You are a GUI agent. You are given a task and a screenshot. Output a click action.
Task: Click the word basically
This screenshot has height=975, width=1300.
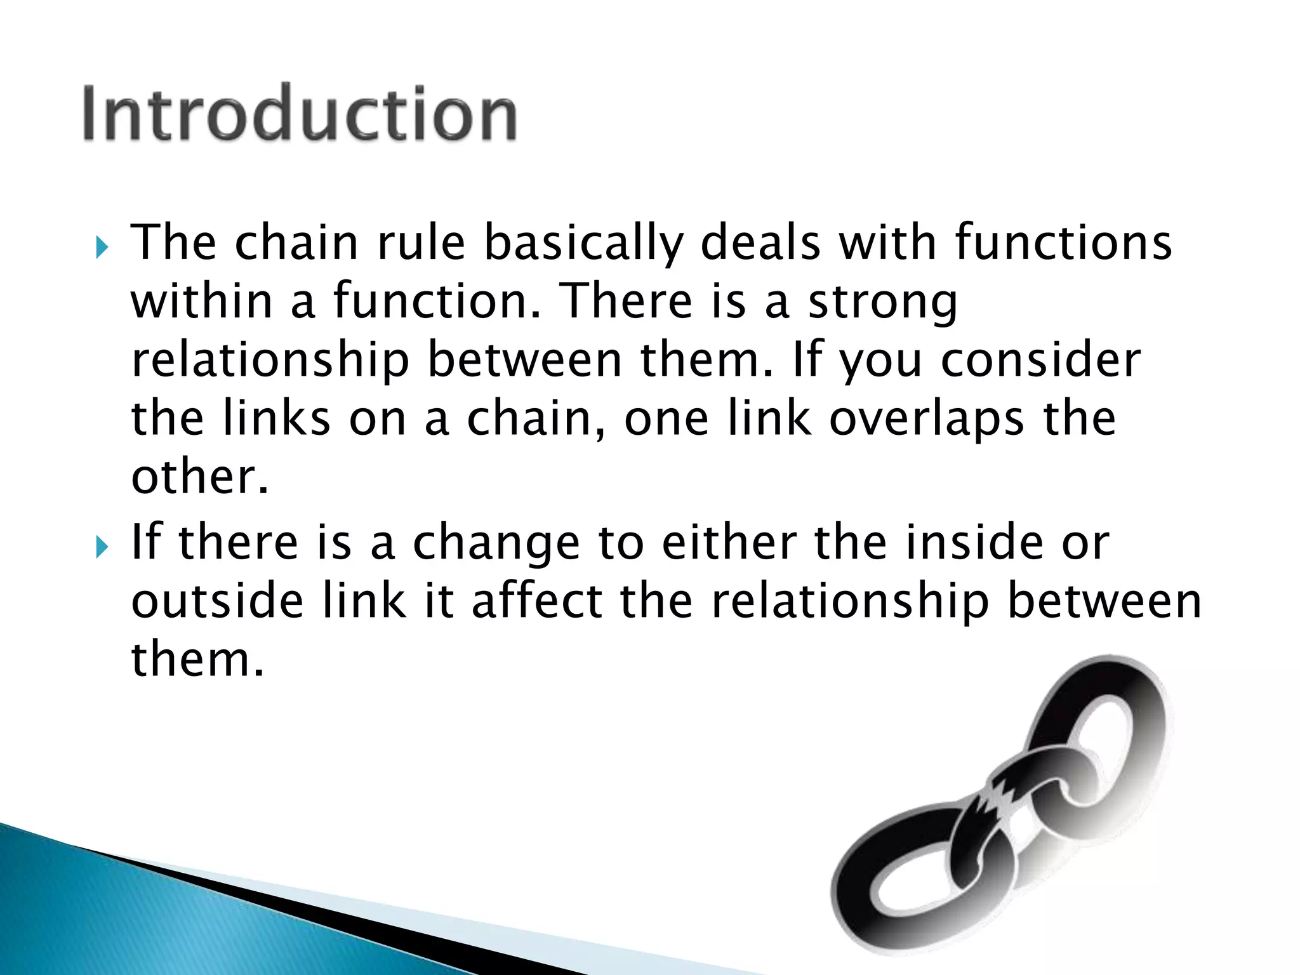tap(583, 244)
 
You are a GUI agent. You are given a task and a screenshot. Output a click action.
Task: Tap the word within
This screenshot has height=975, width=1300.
tap(202, 301)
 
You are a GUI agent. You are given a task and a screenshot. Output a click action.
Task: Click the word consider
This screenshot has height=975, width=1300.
tap(1040, 360)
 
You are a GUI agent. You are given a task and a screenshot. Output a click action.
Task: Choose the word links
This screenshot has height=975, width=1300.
tap(277, 418)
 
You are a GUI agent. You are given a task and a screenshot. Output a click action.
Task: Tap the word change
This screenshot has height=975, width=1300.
tap(496, 545)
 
